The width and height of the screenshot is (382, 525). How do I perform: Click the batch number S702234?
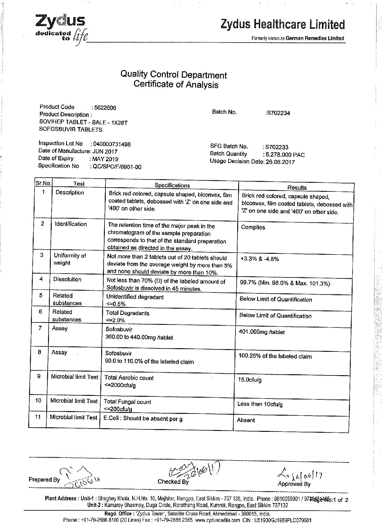pyautogui.click(x=278, y=113)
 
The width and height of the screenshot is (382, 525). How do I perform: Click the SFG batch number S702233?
pyautogui.click(x=277, y=147)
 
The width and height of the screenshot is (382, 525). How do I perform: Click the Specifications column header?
pyautogui.click(x=172, y=185)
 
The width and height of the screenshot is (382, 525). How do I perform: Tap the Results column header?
pyautogui.click(x=297, y=188)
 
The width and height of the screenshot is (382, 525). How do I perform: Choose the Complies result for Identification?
pyautogui.click(x=253, y=227)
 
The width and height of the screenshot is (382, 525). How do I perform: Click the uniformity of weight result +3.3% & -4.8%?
pyautogui.click(x=259, y=259)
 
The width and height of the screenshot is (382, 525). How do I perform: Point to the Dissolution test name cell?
pyautogui.click(x=67, y=279)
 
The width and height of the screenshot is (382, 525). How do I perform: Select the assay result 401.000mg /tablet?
pyautogui.click(x=261, y=332)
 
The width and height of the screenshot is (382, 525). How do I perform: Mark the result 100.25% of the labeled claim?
pyautogui.click(x=275, y=356)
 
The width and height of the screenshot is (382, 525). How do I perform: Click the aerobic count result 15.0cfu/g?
pyautogui.click(x=250, y=380)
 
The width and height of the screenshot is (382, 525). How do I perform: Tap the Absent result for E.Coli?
pyautogui.click(x=246, y=420)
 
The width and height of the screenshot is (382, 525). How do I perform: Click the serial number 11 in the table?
pyautogui.click(x=38, y=417)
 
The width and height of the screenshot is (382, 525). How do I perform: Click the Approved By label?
pyautogui.click(x=294, y=484)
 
